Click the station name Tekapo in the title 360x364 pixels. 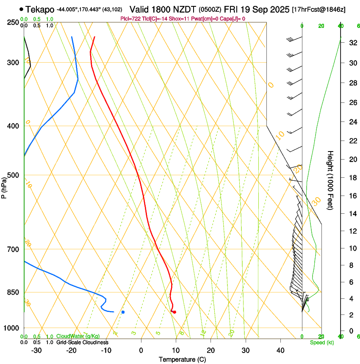click(39, 9)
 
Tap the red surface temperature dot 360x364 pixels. click(174, 312)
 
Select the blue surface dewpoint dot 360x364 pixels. click(123, 312)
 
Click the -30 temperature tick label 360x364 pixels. click(36, 350)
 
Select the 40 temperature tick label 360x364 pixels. click(280, 350)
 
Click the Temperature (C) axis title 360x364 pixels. click(182, 359)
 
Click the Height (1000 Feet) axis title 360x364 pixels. click(330, 180)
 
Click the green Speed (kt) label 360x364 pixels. click(321, 342)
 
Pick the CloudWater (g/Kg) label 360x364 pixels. click(78, 336)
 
